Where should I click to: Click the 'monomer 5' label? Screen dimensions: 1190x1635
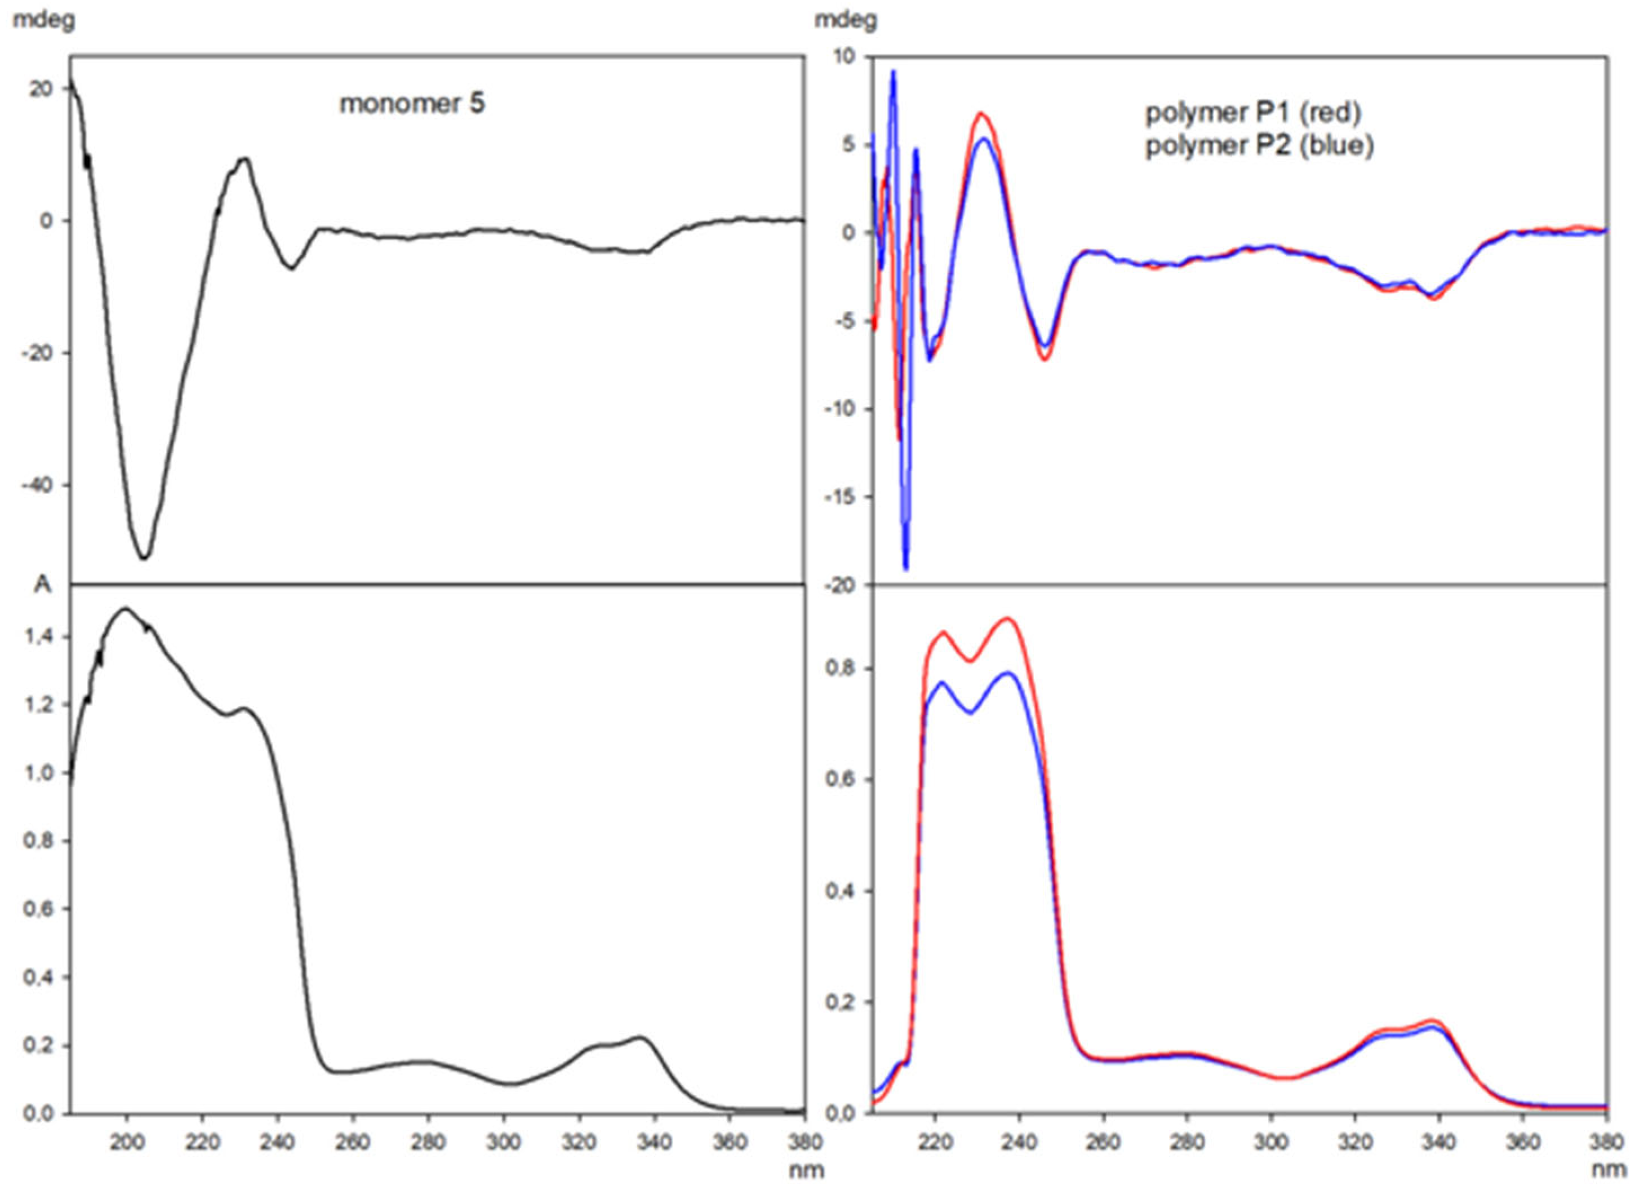(x=412, y=103)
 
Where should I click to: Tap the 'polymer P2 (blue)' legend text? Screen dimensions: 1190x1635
(x=1259, y=147)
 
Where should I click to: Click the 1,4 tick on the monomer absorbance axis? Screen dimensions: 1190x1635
(x=41, y=636)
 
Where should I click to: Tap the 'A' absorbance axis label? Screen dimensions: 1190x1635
(x=43, y=585)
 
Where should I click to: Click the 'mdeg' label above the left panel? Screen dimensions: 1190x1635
(x=43, y=20)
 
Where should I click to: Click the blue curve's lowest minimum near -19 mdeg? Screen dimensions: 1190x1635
(x=906, y=569)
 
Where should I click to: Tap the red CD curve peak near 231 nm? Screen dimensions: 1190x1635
(x=981, y=113)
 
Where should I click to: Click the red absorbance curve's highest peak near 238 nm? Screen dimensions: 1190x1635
(x=1008, y=618)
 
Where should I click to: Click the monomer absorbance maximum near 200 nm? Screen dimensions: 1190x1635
(x=126, y=609)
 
